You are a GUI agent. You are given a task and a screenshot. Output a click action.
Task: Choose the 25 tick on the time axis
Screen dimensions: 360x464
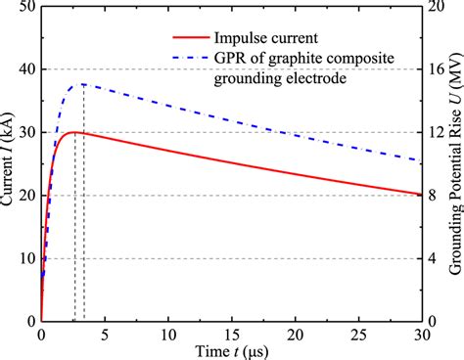click(x=357, y=334)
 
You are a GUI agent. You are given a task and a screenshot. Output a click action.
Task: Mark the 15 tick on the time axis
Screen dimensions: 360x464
click(x=231, y=334)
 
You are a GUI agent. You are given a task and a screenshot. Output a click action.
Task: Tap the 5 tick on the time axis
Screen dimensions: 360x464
click(x=105, y=334)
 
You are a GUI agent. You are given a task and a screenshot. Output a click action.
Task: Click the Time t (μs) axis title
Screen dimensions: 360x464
click(x=231, y=350)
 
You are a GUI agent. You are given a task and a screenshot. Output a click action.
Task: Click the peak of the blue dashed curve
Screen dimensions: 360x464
click(x=84, y=84)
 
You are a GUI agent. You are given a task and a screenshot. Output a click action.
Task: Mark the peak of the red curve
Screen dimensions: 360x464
click(x=73, y=132)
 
